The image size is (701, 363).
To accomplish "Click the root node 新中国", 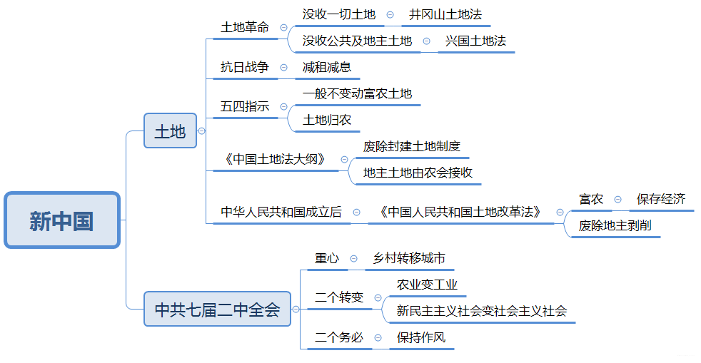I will click(x=62, y=220).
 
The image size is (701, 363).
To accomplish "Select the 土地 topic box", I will click(x=170, y=131).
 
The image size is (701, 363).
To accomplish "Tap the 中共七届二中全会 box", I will click(x=217, y=309).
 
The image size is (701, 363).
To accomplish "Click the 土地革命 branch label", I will click(x=245, y=27).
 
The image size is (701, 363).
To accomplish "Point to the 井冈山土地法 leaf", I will click(x=440, y=14).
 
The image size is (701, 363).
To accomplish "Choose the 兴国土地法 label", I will click(x=475, y=41).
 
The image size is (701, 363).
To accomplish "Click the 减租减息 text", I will click(x=327, y=67).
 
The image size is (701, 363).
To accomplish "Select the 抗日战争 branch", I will click(x=245, y=67).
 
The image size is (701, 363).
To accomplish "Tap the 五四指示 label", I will click(x=245, y=106).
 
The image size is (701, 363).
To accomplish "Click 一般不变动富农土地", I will click(x=357, y=93).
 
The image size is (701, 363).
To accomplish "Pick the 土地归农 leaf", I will click(x=327, y=120).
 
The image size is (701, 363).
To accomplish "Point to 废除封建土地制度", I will click(x=412, y=147).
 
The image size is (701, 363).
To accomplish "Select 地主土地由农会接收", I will click(x=418, y=173).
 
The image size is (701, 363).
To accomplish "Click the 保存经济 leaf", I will click(x=661, y=199).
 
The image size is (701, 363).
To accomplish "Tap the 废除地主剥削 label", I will click(x=620, y=225).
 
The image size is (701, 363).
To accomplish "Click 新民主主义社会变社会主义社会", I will click(x=482, y=311).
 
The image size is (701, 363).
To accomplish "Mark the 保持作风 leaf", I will click(x=421, y=337).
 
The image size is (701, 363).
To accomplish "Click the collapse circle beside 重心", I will click(x=353, y=259).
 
